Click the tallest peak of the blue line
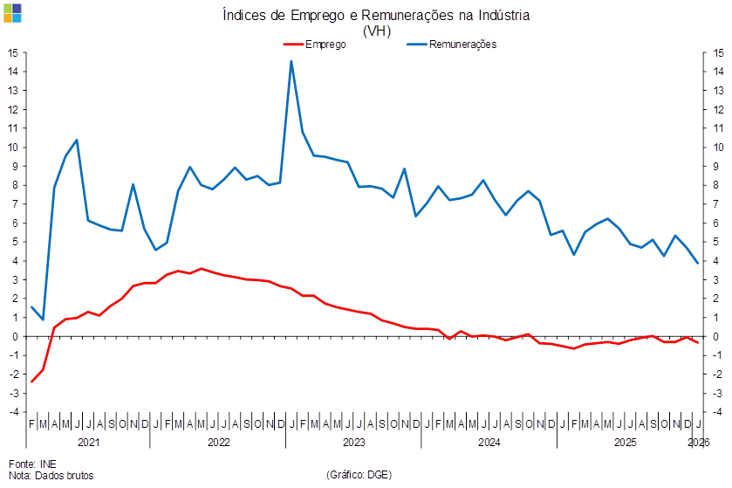click(291, 61)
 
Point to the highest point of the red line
click(201, 269)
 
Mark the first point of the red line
click(32, 381)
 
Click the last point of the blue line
click(698, 263)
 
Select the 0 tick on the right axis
click(717, 335)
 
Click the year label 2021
click(88, 443)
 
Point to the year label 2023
click(353, 443)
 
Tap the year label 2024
click(489, 443)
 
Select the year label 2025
click(625, 443)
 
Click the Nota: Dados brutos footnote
click(51, 475)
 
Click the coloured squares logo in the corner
click(11, 12)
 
